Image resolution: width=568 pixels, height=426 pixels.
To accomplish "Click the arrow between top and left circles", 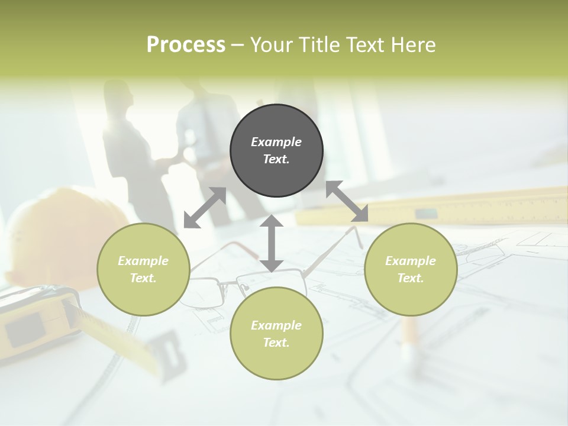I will [x=205, y=208].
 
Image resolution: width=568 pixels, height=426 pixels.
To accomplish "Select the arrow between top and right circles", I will [x=347, y=201].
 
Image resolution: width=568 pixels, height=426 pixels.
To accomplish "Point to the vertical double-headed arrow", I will [x=272, y=243].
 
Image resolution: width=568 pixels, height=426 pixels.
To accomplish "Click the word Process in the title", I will [x=186, y=44].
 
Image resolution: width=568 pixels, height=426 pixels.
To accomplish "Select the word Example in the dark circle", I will [x=276, y=142].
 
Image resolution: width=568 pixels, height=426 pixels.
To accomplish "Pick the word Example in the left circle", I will [x=143, y=261].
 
